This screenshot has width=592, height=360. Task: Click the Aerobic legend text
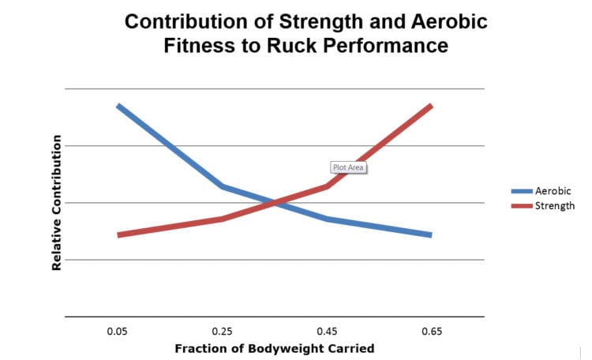click(553, 191)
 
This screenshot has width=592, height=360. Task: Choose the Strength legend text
click(554, 205)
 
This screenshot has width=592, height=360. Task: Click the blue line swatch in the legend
click(521, 191)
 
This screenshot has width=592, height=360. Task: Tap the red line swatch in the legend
click(521, 205)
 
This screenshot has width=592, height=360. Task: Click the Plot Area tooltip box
click(348, 167)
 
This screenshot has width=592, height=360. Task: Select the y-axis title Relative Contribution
click(57, 203)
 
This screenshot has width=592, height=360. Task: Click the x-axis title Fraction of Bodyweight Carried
click(274, 348)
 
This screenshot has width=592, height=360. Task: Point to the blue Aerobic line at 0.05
click(118, 106)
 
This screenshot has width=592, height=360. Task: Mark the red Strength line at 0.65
click(431, 106)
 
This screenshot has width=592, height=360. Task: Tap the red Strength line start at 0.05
click(118, 234)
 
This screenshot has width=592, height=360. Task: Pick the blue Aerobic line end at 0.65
click(431, 234)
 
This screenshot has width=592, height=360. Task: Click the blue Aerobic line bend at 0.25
click(223, 186)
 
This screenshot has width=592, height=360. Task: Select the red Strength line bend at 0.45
click(327, 186)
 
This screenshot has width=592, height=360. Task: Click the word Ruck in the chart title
click(312, 46)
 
